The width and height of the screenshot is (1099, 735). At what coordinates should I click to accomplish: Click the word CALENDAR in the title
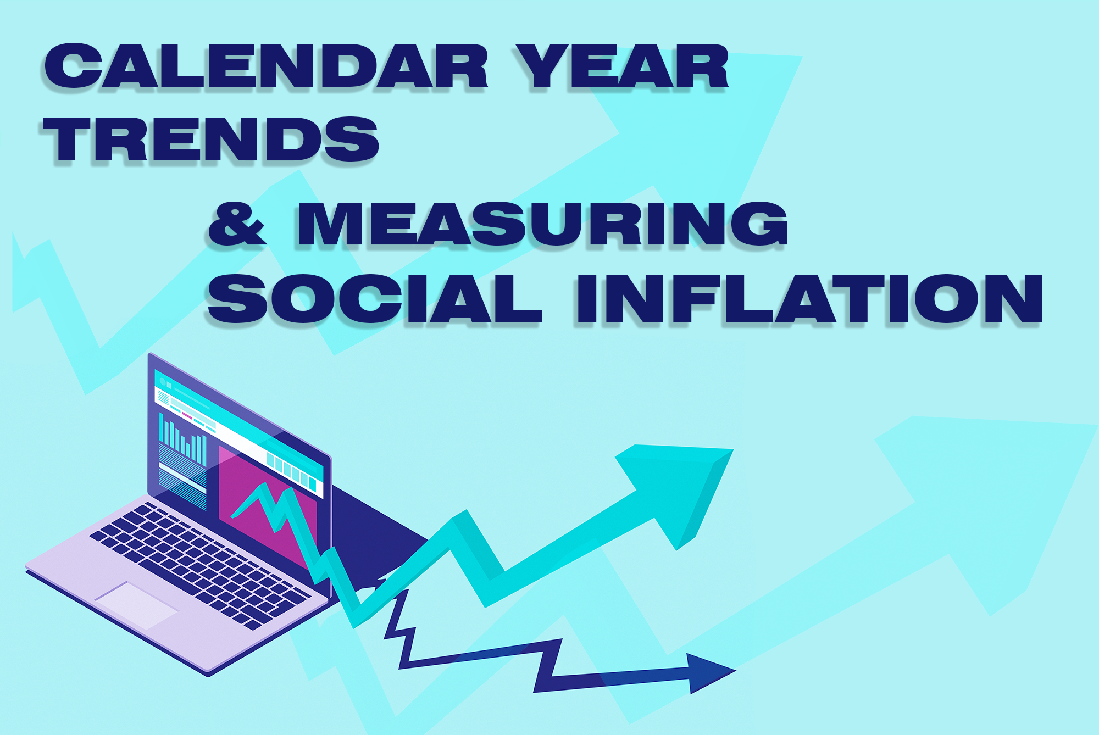[266, 66]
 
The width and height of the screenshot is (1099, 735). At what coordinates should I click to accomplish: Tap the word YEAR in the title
[621, 66]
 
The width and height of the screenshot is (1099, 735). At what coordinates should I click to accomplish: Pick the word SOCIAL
[374, 299]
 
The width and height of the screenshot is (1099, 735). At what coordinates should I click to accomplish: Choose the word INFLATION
[809, 299]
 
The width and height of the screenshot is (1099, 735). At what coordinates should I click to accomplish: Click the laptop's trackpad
[136, 605]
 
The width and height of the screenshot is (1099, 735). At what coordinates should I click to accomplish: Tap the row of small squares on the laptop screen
[292, 470]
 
